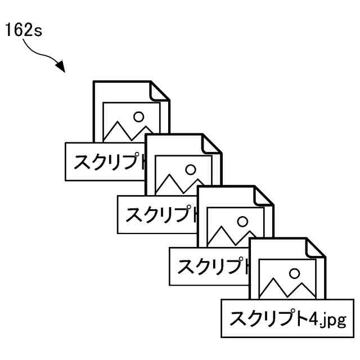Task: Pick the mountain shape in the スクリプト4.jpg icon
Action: [283, 290]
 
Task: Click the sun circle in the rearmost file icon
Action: [138, 116]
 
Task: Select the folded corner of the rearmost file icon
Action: [160, 91]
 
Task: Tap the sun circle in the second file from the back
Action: [191, 169]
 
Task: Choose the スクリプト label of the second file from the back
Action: [157, 214]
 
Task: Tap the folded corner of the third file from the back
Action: [265, 196]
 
